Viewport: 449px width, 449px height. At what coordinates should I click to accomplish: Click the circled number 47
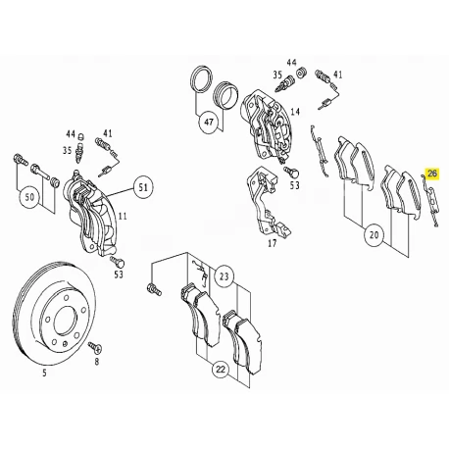(x=209, y=123)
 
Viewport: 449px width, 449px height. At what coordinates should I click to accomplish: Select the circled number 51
(x=143, y=187)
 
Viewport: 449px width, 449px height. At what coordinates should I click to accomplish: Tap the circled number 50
(x=29, y=197)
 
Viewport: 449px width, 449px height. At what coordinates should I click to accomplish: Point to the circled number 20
(x=374, y=234)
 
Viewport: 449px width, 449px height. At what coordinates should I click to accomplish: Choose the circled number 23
(x=224, y=277)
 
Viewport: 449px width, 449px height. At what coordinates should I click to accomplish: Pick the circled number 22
(x=221, y=370)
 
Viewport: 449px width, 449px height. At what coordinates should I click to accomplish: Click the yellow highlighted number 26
(x=432, y=174)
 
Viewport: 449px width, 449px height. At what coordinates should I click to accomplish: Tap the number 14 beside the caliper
(x=295, y=112)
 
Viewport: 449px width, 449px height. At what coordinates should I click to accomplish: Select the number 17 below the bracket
(x=273, y=243)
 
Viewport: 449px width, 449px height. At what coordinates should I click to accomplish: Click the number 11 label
(x=123, y=216)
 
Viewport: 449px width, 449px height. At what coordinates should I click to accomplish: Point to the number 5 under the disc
(x=44, y=373)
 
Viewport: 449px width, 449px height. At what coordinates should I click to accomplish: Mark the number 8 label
(x=96, y=362)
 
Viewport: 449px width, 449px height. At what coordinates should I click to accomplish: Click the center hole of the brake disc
(x=66, y=321)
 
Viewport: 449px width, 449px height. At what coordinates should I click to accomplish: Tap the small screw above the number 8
(x=95, y=347)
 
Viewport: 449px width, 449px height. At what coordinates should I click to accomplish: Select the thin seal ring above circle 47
(x=201, y=80)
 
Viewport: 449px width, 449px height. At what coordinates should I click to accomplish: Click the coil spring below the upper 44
(x=301, y=73)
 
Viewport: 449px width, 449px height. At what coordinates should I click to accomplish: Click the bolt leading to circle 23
(x=154, y=289)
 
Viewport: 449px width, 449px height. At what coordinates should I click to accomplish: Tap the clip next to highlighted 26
(x=429, y=200)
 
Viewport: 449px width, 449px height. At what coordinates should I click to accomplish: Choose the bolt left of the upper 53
(x=291, y=171)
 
